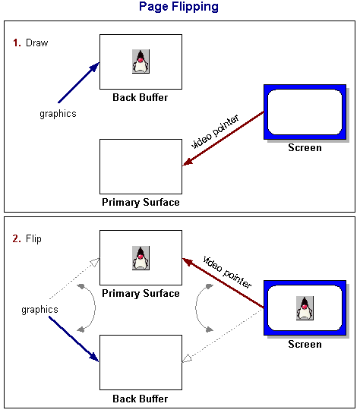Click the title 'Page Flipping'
click(x=178, y=8)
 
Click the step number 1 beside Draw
click(x=17, y=43)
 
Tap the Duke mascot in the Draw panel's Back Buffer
click(x=141, y=61)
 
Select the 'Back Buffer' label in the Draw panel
click(x=141, y=97)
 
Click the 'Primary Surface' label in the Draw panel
click(x=141, y=202)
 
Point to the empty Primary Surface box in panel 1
click(x=141, y=166)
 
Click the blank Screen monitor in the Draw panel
click(x=305, y=113)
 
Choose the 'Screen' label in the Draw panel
click(x=305, y=148)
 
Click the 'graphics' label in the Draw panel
click(x=58, y=114)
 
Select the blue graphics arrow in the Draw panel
click(x=78, y=83)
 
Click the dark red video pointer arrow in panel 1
click(x=223, y=138)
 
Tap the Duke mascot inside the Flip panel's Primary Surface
click(x=141, y=258)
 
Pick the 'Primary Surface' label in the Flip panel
click(x=141, y=294)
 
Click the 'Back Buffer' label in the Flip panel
click(x=141, y=399)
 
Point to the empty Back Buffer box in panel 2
click(x=141, y=363)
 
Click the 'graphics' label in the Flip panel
click(x=39, y=310)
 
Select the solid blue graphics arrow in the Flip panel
click(x=74, y=339)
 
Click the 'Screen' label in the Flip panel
click(x=305, y=345)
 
